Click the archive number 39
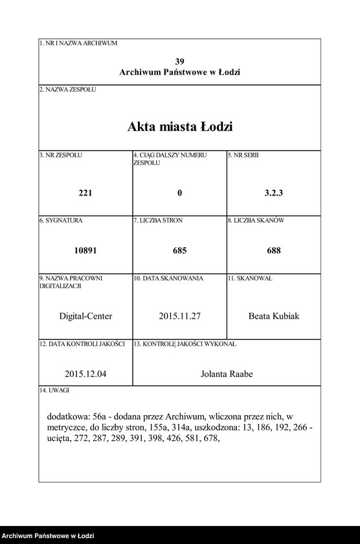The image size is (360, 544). pos(179,61)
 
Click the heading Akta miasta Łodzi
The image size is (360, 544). pos(179,127)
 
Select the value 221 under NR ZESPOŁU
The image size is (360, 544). pos(85,193)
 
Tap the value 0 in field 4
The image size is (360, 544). pos(179,193)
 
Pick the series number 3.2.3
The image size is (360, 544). pos(274,193)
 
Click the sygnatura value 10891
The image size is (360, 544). pos(85,251)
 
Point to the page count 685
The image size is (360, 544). pos(179,251)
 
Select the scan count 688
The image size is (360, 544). pos(274,251)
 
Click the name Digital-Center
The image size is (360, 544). pos(85,316)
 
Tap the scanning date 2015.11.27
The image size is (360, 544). pos(179,316)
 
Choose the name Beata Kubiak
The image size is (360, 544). pos(274,316)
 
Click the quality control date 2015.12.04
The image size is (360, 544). pos(85,374)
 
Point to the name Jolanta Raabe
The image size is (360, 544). pos(227,374)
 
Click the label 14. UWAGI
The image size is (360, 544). pos(54,391)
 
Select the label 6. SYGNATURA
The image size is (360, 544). pos(61,220)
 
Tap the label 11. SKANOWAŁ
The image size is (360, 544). pos(249,278)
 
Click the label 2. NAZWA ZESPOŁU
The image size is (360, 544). pos(67,89)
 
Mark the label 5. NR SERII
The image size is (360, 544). pos(243,155)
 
